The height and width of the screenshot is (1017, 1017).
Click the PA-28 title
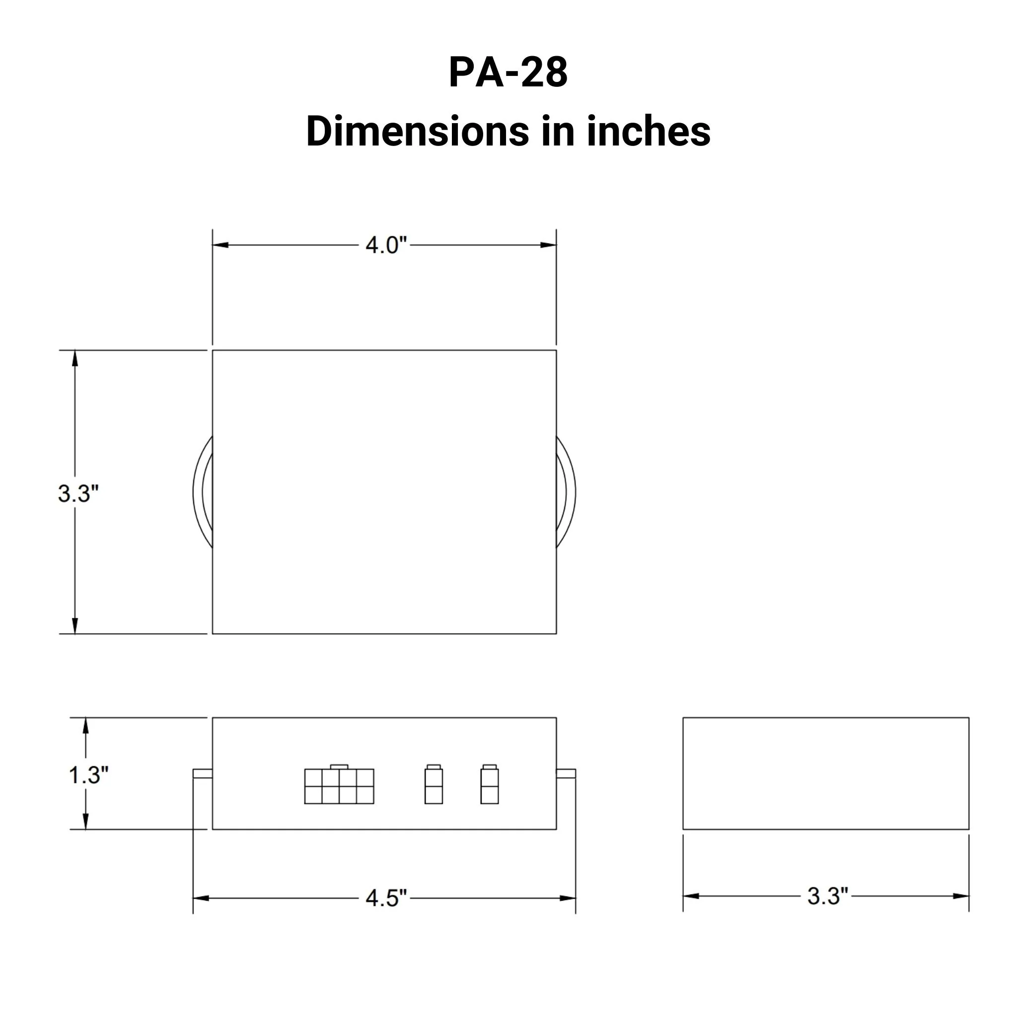click(508, 72)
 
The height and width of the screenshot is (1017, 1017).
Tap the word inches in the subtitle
click(649, 131)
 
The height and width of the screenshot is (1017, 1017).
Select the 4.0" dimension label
click(386, 245)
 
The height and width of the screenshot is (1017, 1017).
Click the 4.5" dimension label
click(386, 898)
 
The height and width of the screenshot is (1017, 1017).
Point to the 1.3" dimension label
click(88, 775)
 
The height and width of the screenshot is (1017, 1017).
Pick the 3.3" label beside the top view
click(78, 494)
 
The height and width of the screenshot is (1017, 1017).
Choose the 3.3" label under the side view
click(827, 896)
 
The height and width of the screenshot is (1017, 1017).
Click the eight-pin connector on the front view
click(339, 786)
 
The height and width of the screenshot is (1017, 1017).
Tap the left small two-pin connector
click(433, 786)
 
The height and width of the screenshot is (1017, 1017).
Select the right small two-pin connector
click(489, 786)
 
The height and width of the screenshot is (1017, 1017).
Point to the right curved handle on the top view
click(567, 492)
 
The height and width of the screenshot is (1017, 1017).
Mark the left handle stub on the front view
click(203, 773)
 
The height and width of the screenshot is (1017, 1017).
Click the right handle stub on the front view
click(566, 773)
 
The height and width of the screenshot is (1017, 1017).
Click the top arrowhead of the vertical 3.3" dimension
click(75, 359)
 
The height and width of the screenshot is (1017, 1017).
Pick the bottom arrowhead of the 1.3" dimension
click(86, 821)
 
